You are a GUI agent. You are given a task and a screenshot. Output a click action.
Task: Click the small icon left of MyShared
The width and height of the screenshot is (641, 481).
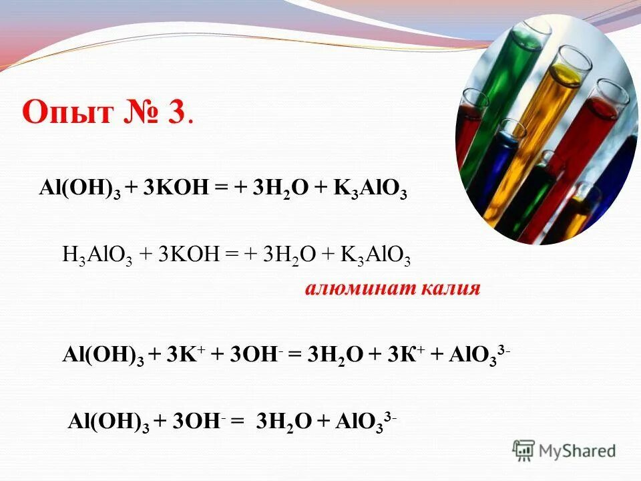pyautogui.click(x=524, y=450)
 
